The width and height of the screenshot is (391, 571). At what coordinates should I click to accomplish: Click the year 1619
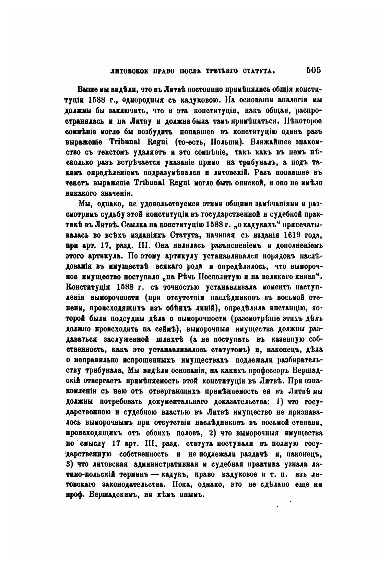293,236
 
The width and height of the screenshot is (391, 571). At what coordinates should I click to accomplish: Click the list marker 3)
68,464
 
